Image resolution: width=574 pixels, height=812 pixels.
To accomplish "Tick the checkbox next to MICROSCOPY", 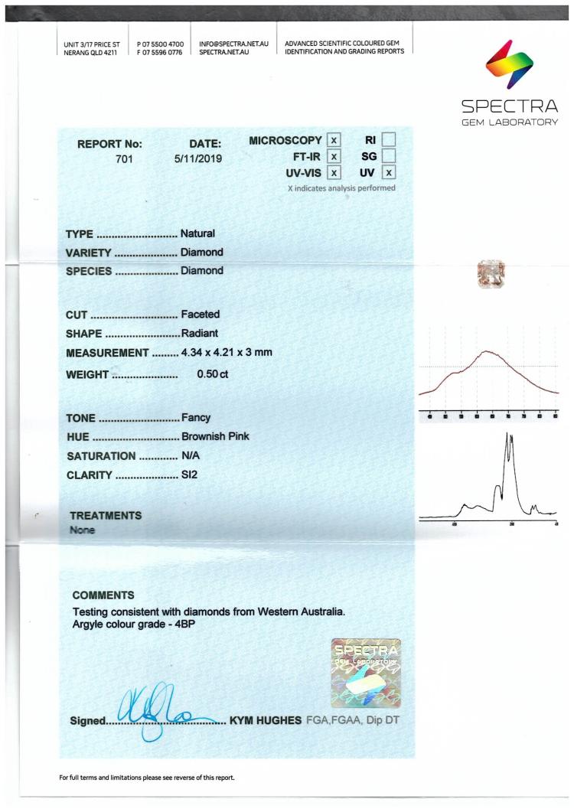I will pyautogui.click(x=333, y=140).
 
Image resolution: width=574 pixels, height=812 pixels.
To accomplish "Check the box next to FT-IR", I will pyautogui.click(x=333, y=156).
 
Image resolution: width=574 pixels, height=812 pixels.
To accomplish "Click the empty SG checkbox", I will pyautogui.click(x=389, y=156).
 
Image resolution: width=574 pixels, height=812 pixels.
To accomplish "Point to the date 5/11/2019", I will pyautogui.click(x=197, y=160).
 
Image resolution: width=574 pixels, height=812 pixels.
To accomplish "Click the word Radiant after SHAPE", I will pyautogui.click(x=200, y=333).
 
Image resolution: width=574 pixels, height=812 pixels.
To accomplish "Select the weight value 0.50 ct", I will pyautogui.click(x=213, y=373).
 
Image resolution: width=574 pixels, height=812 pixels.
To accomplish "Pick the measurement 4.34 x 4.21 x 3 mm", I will pyautogui.click(x=227, y=353).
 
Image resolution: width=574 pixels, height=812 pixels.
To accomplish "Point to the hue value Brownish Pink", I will pyautogui.click(x=215, y=437).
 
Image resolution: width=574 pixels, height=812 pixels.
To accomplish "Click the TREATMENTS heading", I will pyautogui.click(x=106, y=516).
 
